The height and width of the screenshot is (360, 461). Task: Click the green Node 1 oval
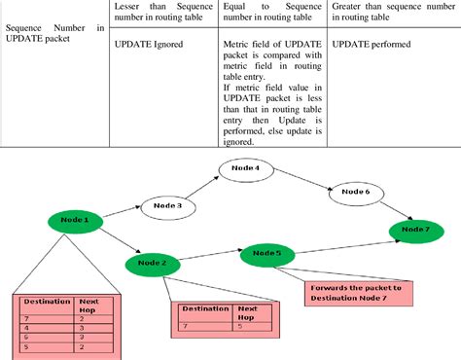click(x=74, y=220)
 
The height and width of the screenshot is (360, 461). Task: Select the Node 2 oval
click(x=152, y=263)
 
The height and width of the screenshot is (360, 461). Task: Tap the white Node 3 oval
click(x=168, y=205)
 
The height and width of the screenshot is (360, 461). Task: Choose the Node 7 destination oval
click(x=415, y=231)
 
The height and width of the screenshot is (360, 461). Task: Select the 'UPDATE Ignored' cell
click(x=140, y=45)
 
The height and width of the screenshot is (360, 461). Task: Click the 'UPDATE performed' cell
click(x=371, y=45)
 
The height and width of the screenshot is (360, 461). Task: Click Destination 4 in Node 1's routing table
click(x=26, y=329)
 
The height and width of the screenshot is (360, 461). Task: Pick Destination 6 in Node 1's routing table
click(x=26, y=337)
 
